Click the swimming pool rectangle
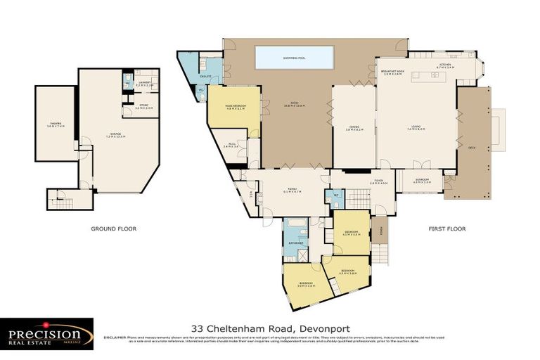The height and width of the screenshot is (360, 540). pyautogui.click(x=294, y=58)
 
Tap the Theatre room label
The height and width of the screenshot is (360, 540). pyautogui.click(x=55, y=125)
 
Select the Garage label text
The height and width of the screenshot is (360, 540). pyautogui.click(x=114, y=135)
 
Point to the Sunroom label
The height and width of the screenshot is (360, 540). pyautogui.click(x=420, y=181)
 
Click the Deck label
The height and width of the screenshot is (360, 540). pyautogui.click(x=470, y=147)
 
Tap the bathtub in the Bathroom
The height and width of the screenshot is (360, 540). pyautogui.click(x=295, y=227)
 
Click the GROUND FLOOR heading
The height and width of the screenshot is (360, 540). pyautogui.click(x=113, y=229)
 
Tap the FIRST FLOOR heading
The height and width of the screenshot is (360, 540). pyautogui.click(x=447, y=229)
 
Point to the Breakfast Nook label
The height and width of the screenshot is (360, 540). pyautogui.click(x=392, y=72)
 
